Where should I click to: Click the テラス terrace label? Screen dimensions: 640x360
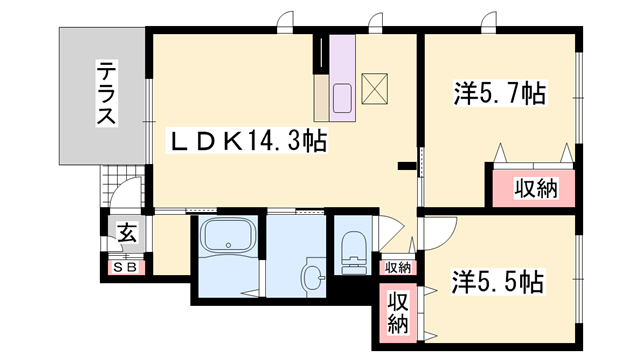tap(106, 93)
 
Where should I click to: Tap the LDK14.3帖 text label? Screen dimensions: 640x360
tap(247, 141)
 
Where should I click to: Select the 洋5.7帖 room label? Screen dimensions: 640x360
tap(500, 93)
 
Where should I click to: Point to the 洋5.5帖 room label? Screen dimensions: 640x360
tap(498, 282)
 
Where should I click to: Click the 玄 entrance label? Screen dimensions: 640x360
tap(128, 233)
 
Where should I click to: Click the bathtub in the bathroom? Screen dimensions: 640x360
tap(229, 237)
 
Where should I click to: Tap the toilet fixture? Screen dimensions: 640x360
tap(354, 252)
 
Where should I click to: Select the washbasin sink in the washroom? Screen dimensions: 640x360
tap(314, 277)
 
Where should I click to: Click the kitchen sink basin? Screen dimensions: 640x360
tap(342, 98)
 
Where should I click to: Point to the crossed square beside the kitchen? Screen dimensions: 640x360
tap(375, 89)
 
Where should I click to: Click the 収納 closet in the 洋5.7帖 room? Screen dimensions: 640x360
tap(534, 188)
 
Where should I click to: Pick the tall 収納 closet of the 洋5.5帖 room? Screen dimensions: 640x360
tap(398, 313)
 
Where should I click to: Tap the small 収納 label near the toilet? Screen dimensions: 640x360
tap(398, 268)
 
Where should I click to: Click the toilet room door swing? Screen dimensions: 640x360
tap(391, 233)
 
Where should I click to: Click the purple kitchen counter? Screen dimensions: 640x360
tap(342, 78)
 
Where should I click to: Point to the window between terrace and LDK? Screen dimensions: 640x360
tap(149, 121)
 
